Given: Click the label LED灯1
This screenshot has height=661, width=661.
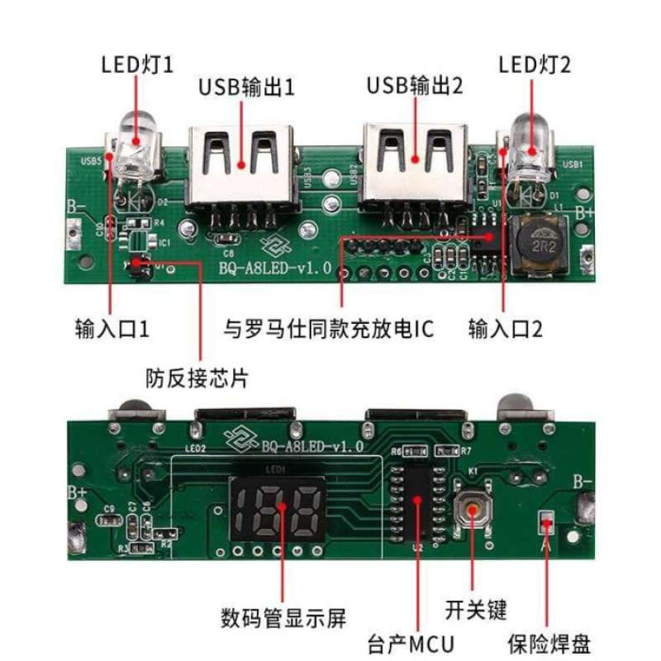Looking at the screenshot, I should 137,64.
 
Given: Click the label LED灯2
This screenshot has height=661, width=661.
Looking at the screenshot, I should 535,64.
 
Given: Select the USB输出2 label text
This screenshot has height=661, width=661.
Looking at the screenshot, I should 415,85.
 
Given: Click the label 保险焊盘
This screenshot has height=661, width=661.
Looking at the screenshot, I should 549,642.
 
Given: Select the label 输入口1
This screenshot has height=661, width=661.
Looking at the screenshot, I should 112,329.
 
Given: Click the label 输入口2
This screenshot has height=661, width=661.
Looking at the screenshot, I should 506,329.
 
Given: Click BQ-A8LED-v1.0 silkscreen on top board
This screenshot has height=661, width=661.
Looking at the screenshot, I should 274,268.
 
